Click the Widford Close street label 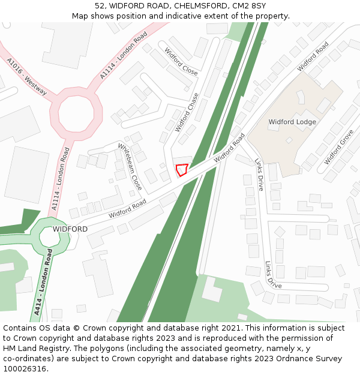pos(181,61)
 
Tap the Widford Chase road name pos(187,112)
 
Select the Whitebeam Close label pos(130,166)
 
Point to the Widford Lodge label pos(292,122)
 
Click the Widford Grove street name pos(339,148)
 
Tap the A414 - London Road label pos(44,287)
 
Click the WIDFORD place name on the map pos(70,229)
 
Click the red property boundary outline pos(181,170)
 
